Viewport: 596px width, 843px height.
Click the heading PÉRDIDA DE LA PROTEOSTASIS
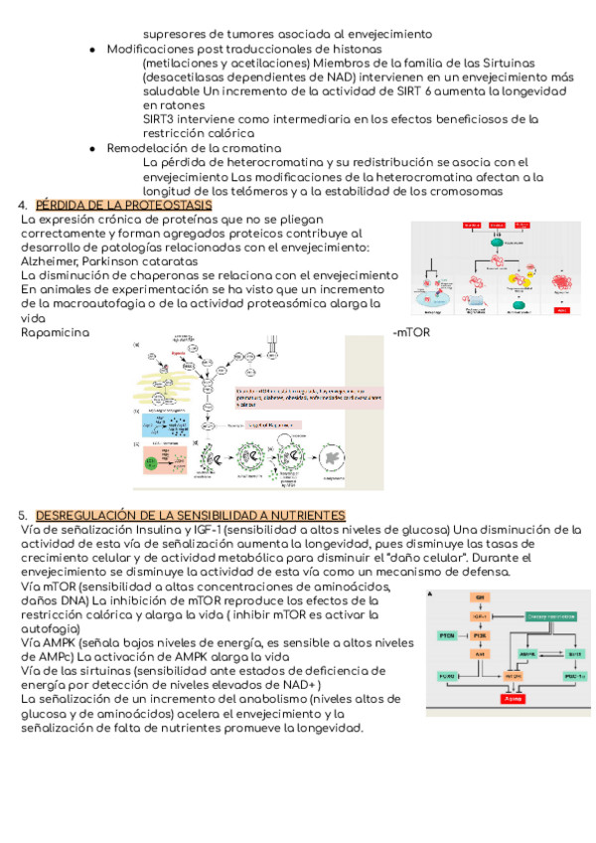coord(117,206)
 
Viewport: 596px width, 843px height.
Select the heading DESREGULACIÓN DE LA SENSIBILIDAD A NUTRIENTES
coord(190,516)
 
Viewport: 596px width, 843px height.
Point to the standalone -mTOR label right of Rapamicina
coord(411,332)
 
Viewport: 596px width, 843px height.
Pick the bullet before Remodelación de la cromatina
coord(91,148)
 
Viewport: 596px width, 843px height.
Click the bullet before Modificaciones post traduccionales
coord(91,49)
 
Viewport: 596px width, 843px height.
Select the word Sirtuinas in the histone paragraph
coord(501,63)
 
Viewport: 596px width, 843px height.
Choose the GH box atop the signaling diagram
coord(480,596)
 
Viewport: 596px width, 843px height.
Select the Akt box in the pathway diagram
coord(480,654)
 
